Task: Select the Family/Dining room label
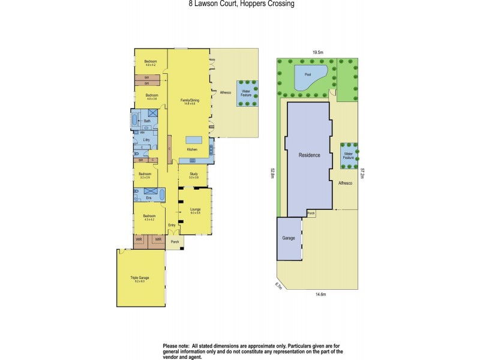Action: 190,101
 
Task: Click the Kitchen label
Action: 192,149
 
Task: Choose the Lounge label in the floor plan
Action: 195,210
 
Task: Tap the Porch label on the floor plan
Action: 175,242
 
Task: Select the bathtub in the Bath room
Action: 134,120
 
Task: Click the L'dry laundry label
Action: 146,139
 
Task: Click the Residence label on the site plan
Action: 310,155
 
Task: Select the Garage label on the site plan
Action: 289,238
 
